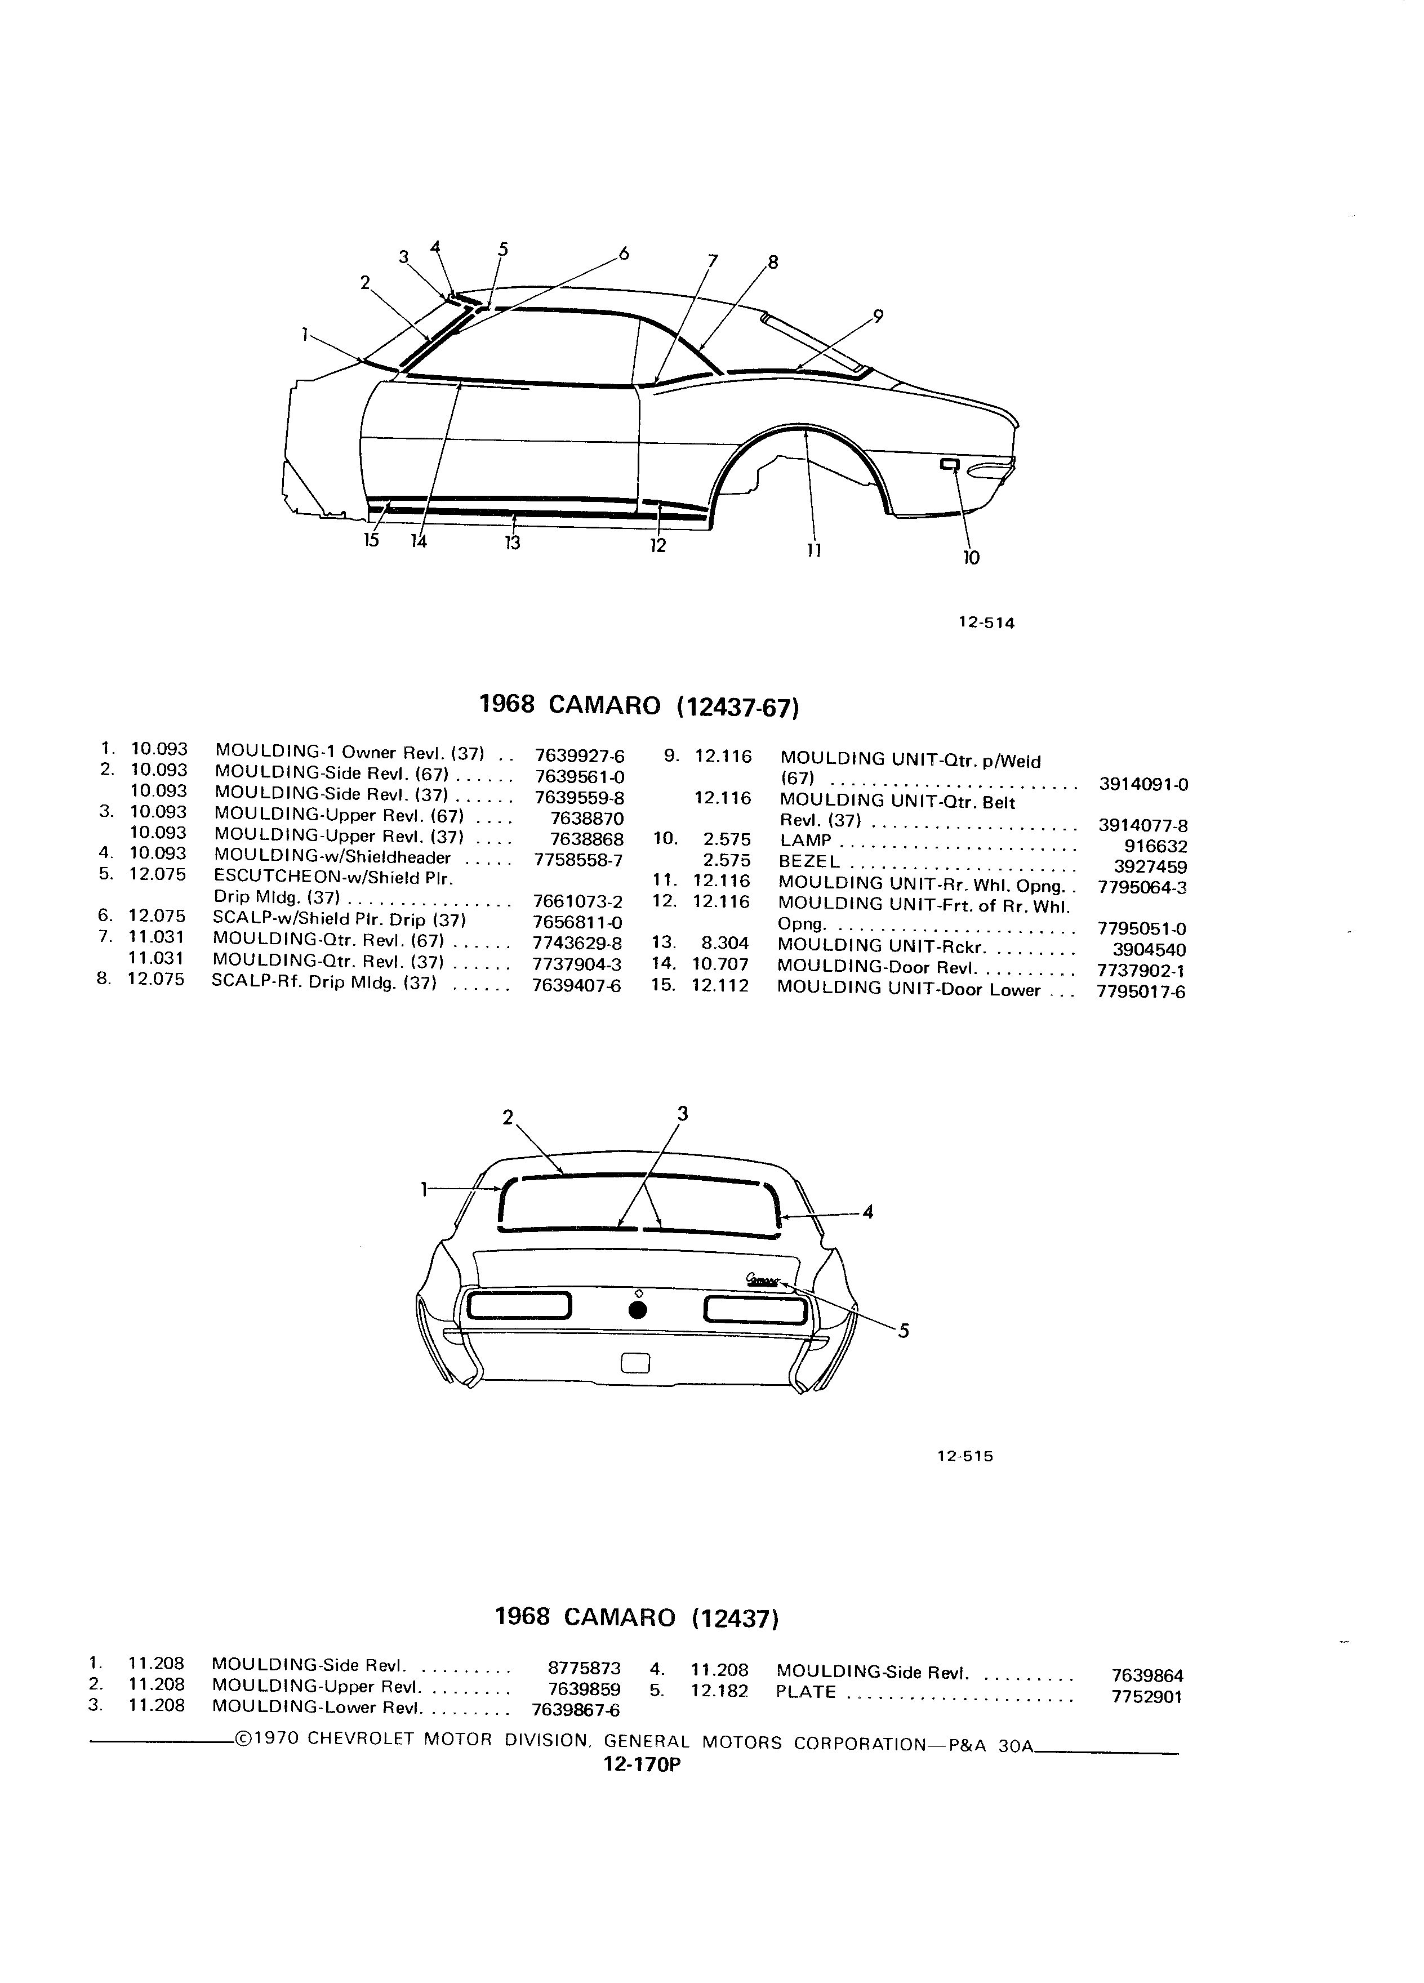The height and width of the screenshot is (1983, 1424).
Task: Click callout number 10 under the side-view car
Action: (x=971, y=558)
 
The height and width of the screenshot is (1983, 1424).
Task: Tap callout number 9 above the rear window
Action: (x=878, y=317)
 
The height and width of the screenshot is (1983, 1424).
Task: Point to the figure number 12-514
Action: (x=986, y=624)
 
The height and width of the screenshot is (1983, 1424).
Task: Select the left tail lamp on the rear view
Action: (x=519, y=1307)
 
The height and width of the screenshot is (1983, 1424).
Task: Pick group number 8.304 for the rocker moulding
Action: (x=725, y=944)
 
